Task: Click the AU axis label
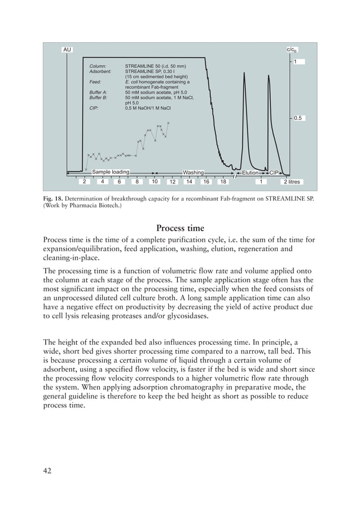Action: click(x=67, y=50)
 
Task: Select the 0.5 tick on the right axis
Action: click(x=298, y=118)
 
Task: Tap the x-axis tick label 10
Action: click(x=154, y=182)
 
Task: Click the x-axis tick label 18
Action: click(x=223, y=182)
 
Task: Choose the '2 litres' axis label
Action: click(x=292, y=182)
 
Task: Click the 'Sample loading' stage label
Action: click(x=111, y=172)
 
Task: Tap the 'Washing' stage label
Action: click(x=193, y=172)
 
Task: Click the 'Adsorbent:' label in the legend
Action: click(x=101, y=72)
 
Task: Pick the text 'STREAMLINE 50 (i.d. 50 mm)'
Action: click(x=155, y=67)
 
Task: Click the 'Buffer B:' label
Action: click(x=99, y=98)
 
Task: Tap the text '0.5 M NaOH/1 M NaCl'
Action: click(x=148, y=108)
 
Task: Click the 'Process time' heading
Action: click(x=180, y=228)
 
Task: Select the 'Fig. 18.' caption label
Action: click(x=52, y=199)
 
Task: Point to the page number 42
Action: click(x=47, y=471)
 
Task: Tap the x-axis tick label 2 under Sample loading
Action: click(x=84, y=182)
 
